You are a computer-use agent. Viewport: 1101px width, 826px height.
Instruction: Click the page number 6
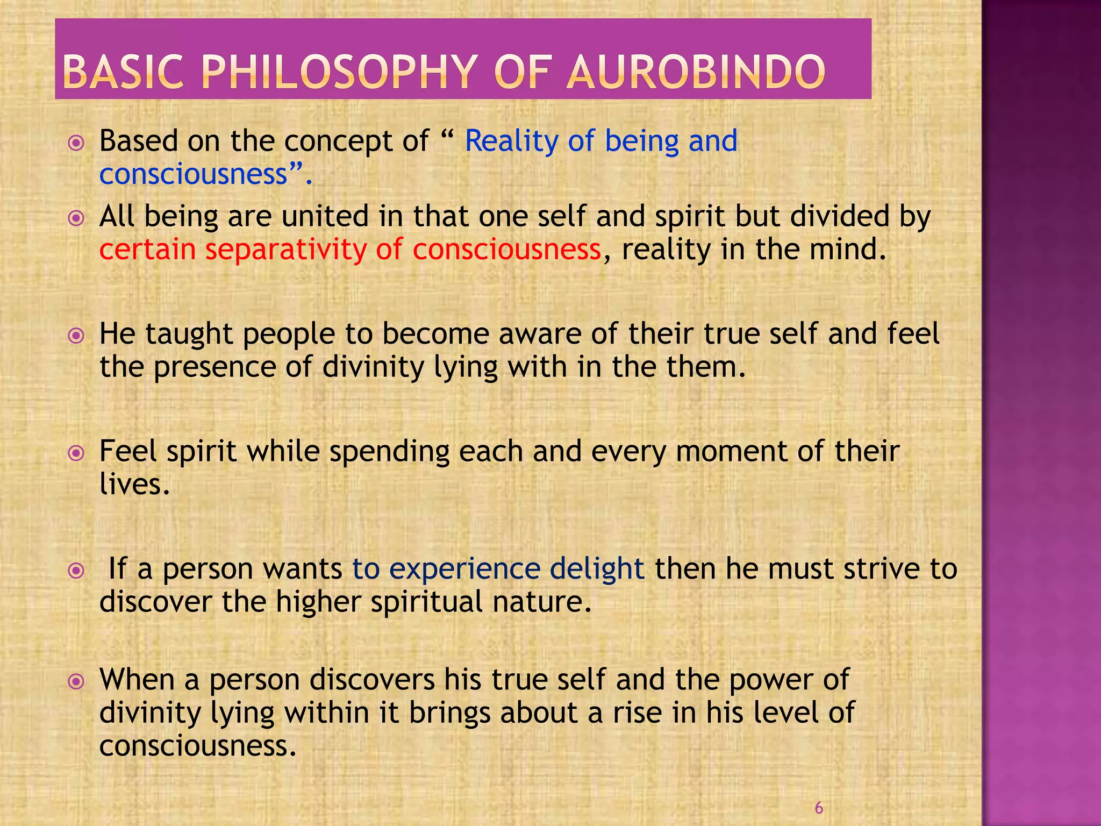click(819, 808)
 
